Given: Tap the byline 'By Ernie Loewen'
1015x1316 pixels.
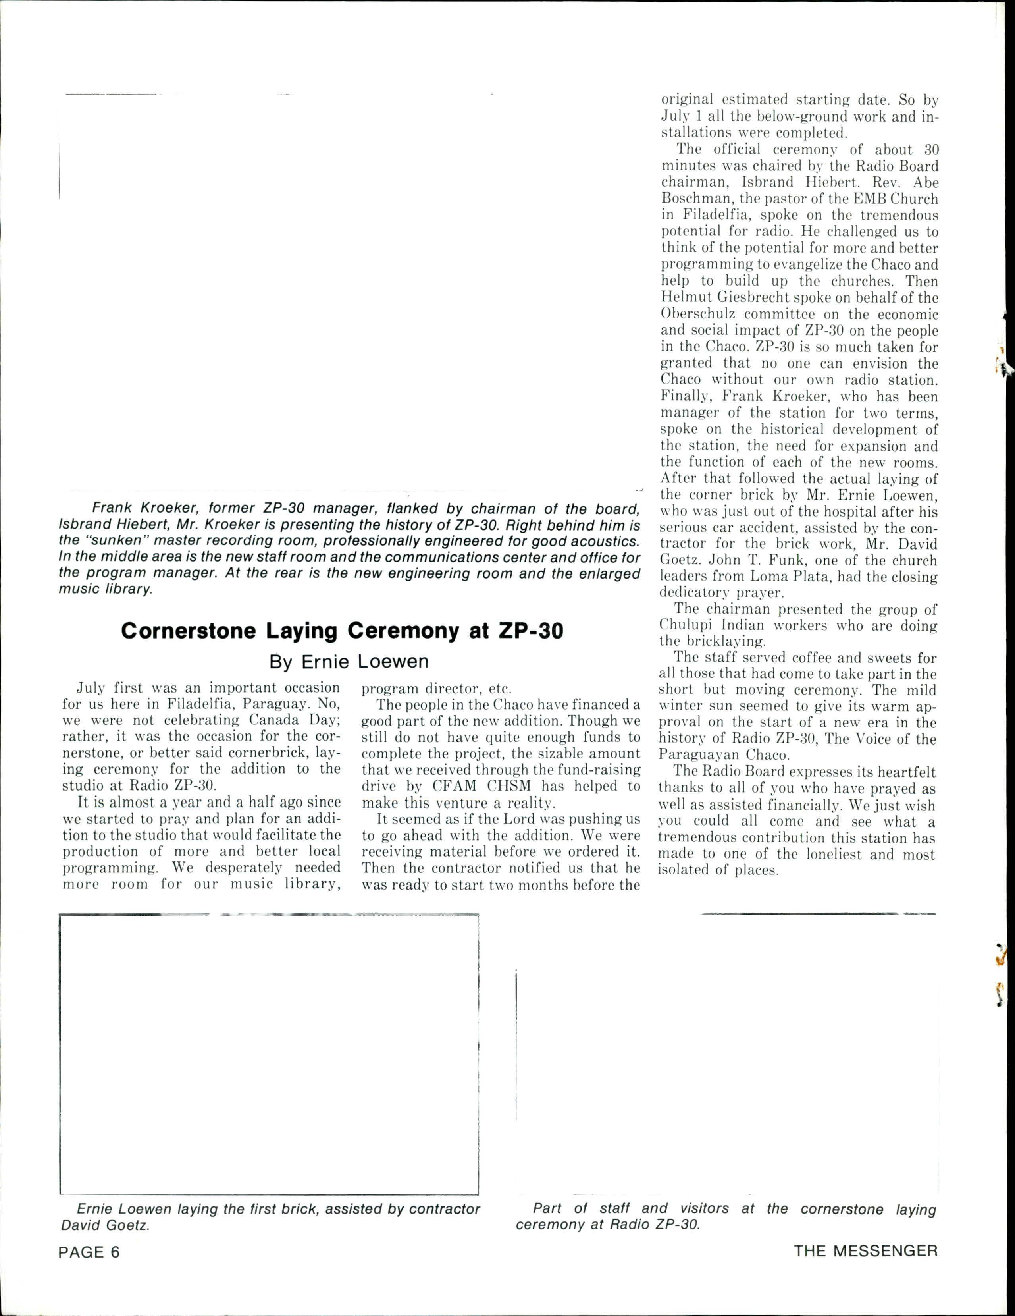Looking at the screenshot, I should (349, 662).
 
